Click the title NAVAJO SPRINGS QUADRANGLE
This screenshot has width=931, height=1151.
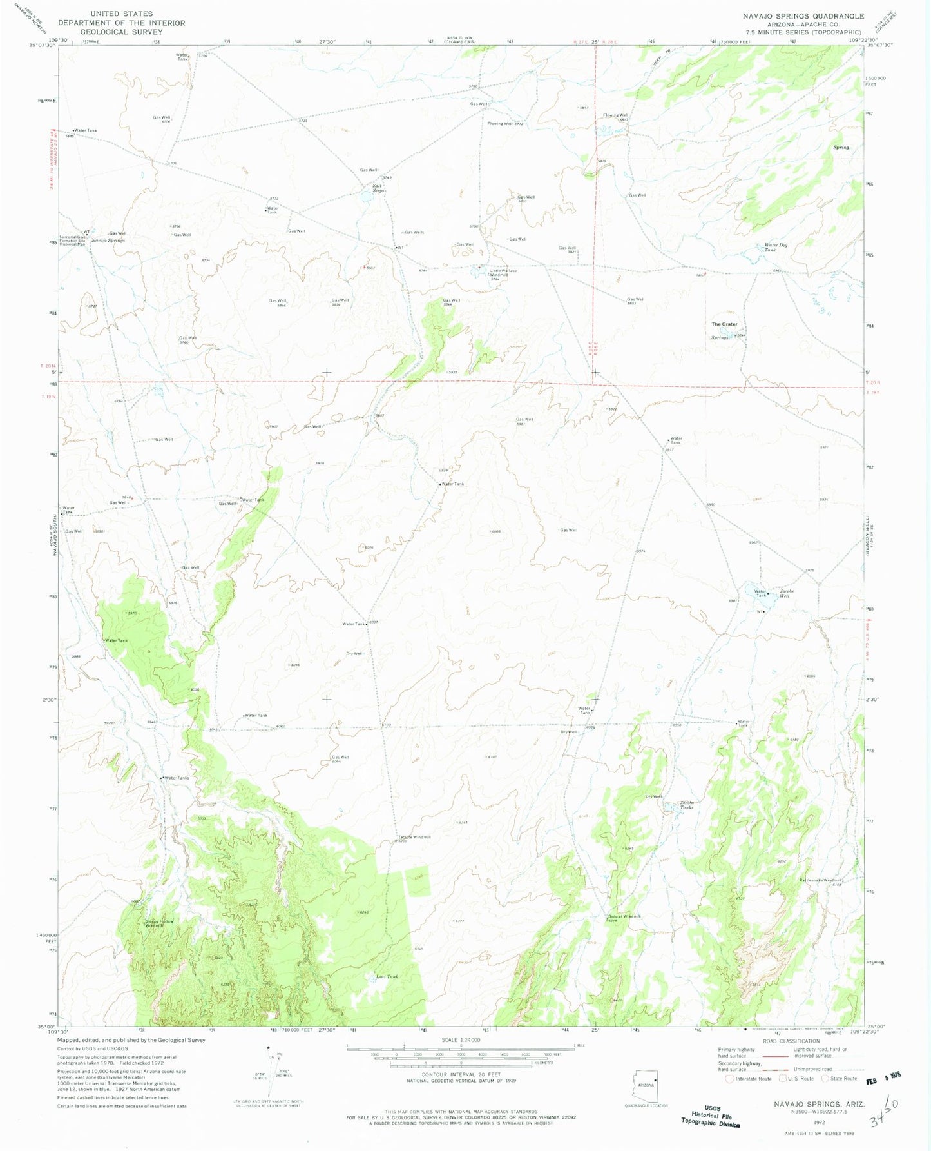[801, 16]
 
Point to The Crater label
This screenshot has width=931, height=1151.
[724, 324]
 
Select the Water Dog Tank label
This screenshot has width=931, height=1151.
[776, 247]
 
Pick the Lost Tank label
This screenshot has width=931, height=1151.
[387, 977]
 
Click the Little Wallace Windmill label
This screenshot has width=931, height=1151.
[503, 273]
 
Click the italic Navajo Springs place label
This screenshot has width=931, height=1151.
[108, 241]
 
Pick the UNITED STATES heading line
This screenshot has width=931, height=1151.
[121, 14]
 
